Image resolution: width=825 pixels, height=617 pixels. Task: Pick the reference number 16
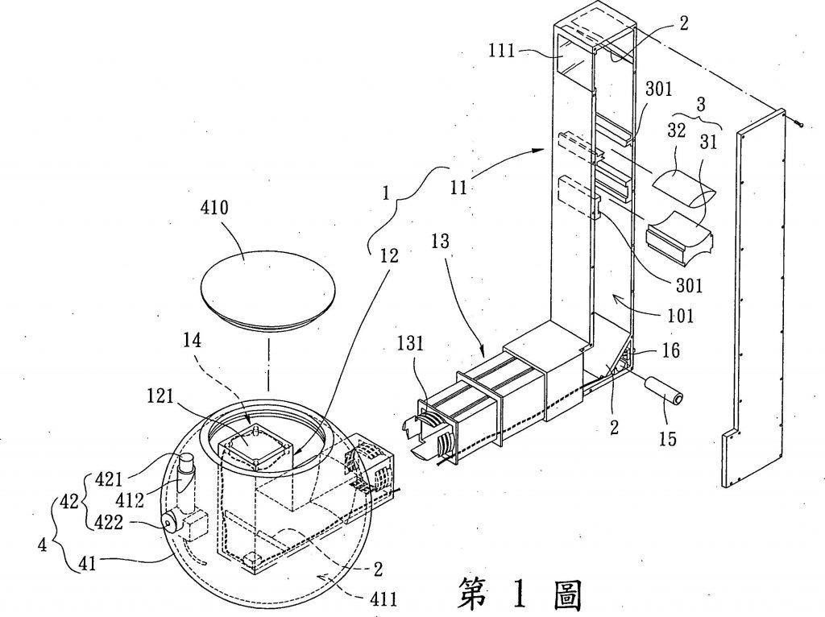click(x=670, y=351)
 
